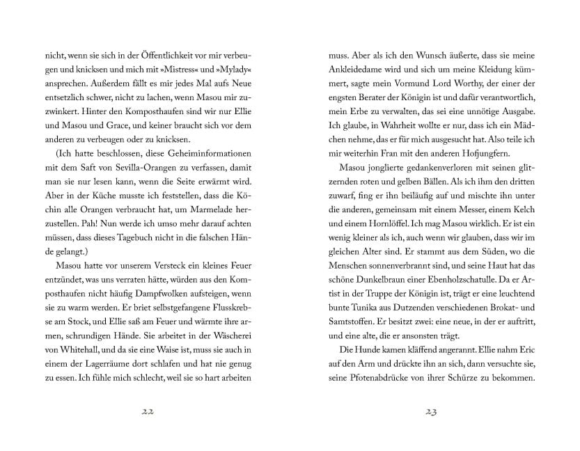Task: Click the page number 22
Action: [147, 412]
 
